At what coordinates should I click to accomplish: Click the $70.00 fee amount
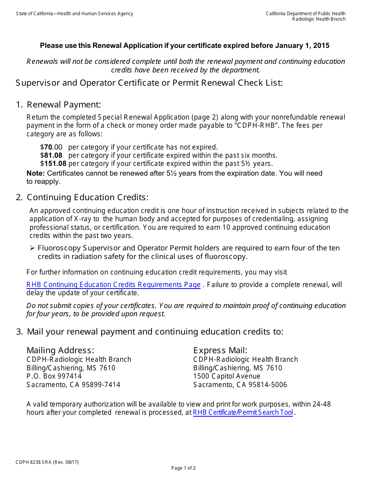[51, 147]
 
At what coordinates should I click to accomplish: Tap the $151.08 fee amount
[53, 164]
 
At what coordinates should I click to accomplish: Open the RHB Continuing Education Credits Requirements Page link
[113, 285]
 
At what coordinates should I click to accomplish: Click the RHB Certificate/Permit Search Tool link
[243, 412]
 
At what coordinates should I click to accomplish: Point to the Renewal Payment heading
[64, 104]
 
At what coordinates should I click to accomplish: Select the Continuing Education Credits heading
[88, 197]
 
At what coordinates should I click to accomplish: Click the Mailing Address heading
[60, 350]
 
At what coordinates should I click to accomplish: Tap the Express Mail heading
[220, 350]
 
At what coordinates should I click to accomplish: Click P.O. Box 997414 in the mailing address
[54, 376]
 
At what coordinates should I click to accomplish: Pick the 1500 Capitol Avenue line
[227, 376]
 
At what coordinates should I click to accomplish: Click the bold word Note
[35, 173]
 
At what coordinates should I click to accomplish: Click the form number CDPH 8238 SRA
[36, 462]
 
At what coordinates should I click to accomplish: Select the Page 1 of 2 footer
[183, 468]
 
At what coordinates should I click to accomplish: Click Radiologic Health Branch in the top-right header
[319, 19]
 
